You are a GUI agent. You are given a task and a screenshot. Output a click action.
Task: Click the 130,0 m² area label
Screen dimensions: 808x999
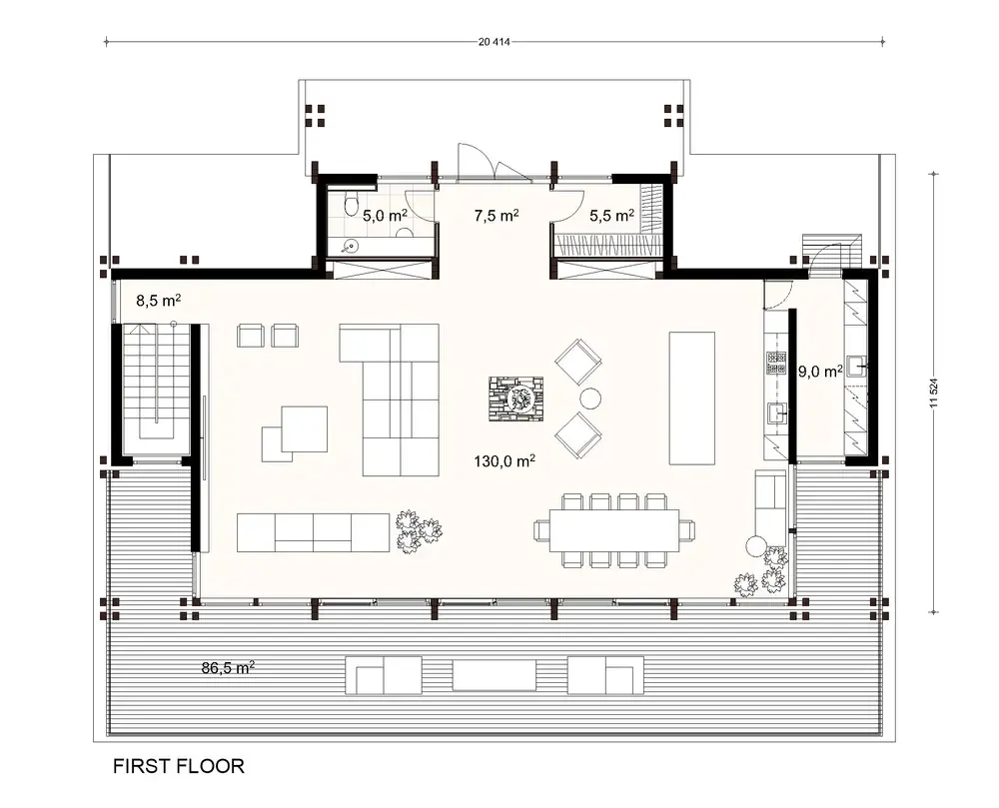504,460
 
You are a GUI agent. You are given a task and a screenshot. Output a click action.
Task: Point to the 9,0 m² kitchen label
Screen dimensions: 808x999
820,371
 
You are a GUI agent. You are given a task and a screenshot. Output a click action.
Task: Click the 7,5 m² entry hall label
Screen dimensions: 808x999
496,215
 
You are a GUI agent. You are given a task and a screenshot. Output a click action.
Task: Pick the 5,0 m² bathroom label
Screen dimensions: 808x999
384,215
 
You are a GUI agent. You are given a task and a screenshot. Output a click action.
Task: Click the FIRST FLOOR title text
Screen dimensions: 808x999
179,766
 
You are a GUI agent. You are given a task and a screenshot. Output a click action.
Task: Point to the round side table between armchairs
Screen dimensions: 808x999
590,399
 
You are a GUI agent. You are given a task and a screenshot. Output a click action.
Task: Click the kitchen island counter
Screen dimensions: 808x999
691,398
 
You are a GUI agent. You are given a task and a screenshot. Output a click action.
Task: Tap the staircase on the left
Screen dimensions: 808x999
155,385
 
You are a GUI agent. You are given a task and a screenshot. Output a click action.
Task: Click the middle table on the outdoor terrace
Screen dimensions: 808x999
494,675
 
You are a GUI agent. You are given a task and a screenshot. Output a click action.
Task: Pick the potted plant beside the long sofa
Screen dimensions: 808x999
417,530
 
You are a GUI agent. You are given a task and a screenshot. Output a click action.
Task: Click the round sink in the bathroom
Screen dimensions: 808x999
351,243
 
